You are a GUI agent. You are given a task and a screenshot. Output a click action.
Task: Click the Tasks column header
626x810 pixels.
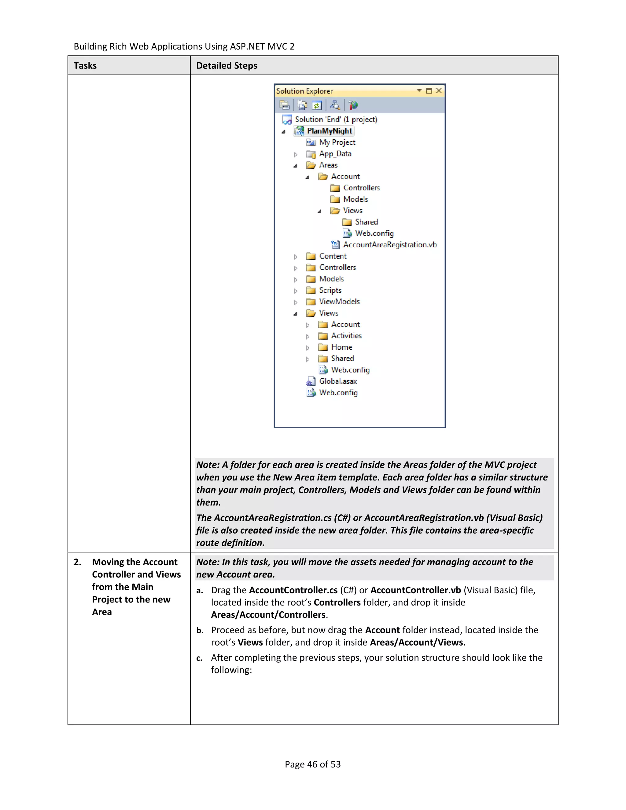pyautogui.click(x=85, y=66)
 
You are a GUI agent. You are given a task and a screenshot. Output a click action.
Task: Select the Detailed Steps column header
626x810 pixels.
pyautogui.click(x=226, y=66)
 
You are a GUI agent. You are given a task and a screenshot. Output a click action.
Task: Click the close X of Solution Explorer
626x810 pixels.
pyautogui.click(x=439, y=91)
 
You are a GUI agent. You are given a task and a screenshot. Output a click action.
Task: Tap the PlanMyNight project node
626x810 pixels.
pyautogui.click(x=329, y=131)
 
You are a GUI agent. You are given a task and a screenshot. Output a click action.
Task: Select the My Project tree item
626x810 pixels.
pyautogui.click(x=337, y=142)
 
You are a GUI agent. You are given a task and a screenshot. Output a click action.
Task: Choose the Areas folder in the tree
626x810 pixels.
pyautogui.click(x=328, y=165)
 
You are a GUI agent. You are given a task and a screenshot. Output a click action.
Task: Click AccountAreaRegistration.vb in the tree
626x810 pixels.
pyautogui.click(x=389, y=245)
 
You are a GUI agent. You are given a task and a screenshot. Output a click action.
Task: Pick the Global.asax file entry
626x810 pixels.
pyautogui.click(x=337, y=381)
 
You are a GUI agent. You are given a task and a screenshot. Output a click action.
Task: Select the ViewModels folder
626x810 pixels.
pyautogui.click(x=339, y=301)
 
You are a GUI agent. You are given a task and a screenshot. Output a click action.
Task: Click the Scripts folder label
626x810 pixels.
pyautogui.click(x=330, y=290)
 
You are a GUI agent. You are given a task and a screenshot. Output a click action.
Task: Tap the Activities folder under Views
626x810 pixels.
pyautogui.click(x=346, y=336)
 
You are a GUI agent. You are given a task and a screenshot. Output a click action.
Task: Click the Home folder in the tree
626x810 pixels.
pyautogui.click(x=341, y=347)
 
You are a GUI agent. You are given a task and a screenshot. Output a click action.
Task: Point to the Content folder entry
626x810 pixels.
pyautogui.click(x=333, y=256)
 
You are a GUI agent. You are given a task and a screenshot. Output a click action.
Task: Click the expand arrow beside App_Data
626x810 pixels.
pyautogui.click(x=296, y=154)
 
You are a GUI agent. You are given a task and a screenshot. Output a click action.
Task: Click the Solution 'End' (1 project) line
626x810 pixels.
pyautogui.click(x=336, y=120)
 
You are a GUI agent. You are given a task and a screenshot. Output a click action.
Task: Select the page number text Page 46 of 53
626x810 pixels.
pyautogui.click(x=313, y=764)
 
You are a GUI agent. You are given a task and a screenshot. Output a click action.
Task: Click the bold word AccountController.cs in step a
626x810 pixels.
pyautogui.click(x=293, y=590)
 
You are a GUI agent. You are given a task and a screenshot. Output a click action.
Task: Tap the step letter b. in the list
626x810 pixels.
pyautogui.click(x=200, y=631)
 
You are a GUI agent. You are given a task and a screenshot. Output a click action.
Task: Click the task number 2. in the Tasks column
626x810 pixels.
pyautogui.click(x=78, y=562)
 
